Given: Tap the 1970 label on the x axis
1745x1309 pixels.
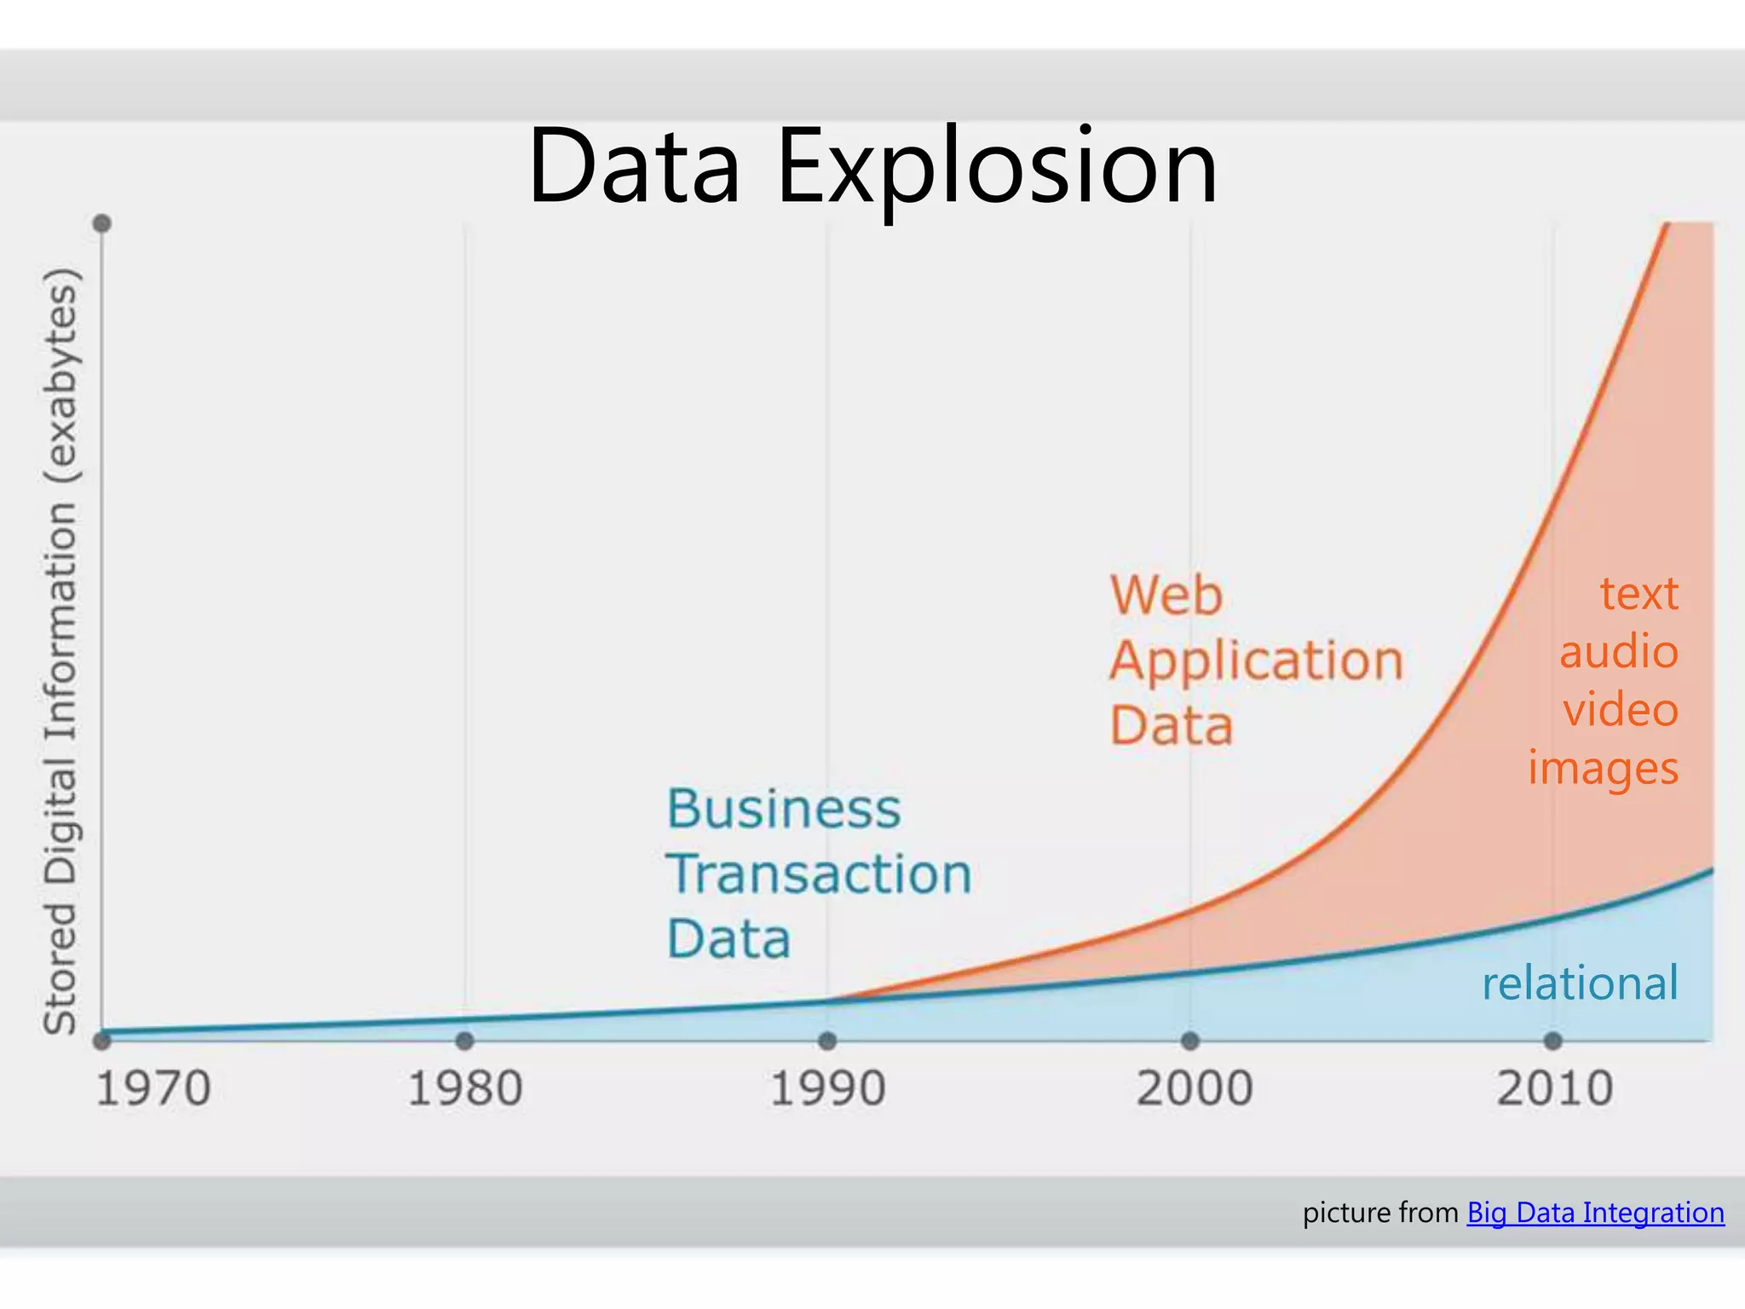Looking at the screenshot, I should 153,1089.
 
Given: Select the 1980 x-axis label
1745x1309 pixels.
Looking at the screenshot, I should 465,1089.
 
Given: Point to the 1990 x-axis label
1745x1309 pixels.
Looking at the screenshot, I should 827,1089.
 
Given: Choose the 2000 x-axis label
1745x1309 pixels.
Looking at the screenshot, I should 1194,1089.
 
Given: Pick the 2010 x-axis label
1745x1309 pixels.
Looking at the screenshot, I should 1555,1089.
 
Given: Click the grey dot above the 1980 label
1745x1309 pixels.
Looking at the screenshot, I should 465,1041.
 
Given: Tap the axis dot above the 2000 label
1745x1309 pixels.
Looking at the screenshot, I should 1190,1041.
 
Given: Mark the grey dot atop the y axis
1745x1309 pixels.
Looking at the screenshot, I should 102,224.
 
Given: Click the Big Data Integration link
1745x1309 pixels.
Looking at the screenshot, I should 1595,1212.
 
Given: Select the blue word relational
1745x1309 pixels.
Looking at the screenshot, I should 1580,983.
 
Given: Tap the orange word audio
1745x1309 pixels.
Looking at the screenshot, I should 1619,652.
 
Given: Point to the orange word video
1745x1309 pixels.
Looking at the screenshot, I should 1621,710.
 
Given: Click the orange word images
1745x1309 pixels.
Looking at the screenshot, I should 1603,769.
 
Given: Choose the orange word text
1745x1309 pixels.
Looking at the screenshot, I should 1638,593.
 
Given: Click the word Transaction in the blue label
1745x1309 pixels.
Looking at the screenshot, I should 819,874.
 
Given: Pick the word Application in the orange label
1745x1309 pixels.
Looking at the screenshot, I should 1256,661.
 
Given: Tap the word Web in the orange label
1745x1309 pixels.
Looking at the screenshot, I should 1166,595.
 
